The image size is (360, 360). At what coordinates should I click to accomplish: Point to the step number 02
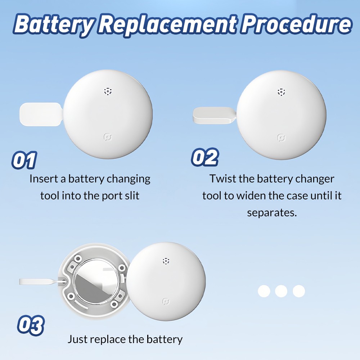(x=205, y=157)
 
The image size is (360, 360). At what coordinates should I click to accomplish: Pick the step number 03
(x=30, y=325)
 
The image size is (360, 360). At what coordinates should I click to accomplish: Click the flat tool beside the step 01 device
(x=41, y=114)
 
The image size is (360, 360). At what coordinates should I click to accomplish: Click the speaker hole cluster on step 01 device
(x=108, y=91)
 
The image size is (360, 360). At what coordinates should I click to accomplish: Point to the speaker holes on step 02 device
(x=281, y=92)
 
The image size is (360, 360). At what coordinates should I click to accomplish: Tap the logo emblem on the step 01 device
(x=108, y=137)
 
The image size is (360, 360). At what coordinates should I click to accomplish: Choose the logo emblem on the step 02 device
(x=281, y=138)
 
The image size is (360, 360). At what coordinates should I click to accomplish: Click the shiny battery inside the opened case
(x=96, y=281)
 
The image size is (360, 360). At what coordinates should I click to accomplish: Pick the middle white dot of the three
(x=281, y=291)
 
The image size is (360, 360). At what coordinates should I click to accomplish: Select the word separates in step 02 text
(x=272, y=213)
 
